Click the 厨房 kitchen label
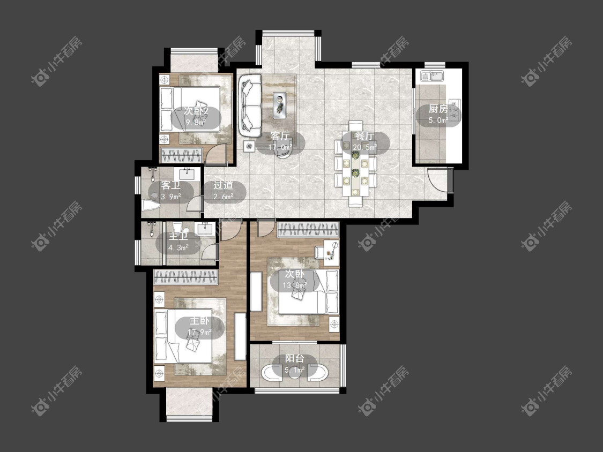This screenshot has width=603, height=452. point(438,109)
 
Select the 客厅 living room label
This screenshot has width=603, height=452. point(280,136)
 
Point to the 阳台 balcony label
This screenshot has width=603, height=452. point(295,359)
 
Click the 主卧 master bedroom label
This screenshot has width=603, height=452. point(199,321)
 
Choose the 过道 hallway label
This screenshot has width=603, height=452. point(224,185)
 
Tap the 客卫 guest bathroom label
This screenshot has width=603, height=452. point(171,185)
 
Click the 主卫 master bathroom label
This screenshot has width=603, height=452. point(178,236)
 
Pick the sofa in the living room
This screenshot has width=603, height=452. point(250,105)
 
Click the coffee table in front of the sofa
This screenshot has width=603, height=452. point(280,105)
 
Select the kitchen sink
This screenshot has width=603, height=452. point(436,76)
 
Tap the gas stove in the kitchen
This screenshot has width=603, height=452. point(455,109)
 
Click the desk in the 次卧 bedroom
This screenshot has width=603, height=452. point(331,253)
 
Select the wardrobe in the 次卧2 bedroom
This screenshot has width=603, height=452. point(181,155)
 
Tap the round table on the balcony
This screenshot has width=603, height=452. point(295,374)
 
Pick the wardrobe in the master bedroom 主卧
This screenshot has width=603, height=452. point(186,277)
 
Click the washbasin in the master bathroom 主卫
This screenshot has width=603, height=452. point(206,228)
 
